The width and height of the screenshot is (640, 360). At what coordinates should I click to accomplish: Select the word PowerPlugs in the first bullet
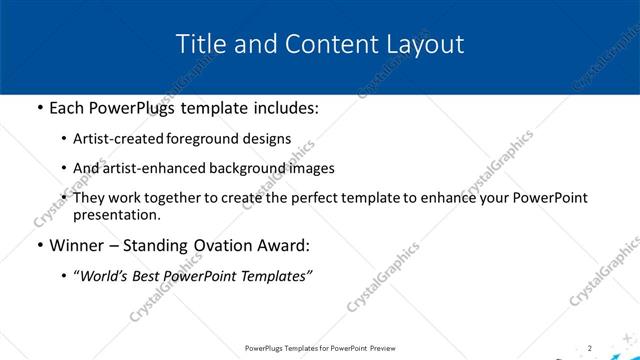coord(136,106)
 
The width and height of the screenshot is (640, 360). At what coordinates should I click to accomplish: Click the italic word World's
coord(103,277)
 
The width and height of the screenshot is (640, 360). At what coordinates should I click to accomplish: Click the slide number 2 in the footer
coord(590,348)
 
